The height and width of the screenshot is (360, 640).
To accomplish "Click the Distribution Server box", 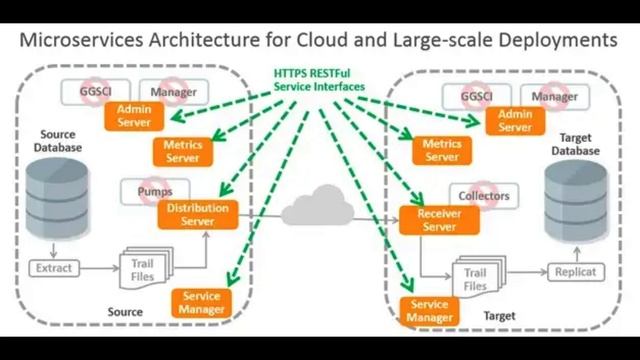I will (197, 214).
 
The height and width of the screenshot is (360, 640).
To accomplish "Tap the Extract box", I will (53, 268).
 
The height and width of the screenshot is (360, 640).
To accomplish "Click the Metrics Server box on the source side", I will (182, 152).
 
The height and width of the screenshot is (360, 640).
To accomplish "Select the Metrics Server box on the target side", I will (441, 151).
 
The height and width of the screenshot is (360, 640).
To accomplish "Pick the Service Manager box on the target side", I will (430, 311).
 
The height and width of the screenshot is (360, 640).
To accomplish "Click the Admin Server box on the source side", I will (133, 115).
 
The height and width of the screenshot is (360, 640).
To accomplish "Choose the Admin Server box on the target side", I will (515, 121).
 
